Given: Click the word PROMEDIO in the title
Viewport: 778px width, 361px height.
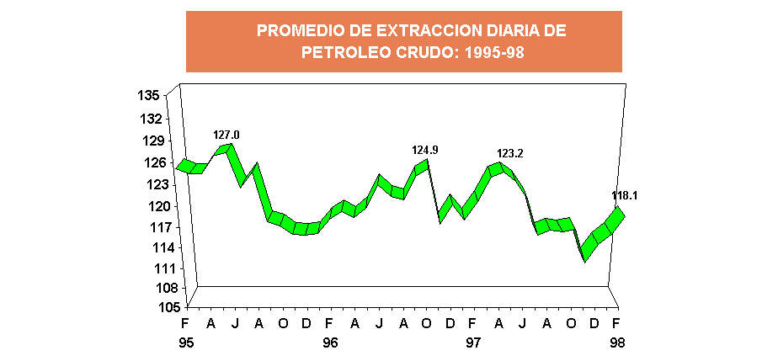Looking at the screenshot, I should point(293,31).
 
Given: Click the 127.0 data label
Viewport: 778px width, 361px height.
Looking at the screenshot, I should point(226,135).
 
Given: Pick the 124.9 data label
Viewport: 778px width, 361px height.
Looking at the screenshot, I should point(425,150).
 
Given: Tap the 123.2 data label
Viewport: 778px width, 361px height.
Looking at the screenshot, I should point(510,153).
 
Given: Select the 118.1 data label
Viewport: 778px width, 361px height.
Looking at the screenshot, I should point(624,195).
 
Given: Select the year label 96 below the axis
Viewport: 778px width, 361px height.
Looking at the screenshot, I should point(330,342).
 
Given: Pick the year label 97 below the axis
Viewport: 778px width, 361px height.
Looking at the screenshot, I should point(473,342).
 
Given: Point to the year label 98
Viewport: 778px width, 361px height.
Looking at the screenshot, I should point(616,342).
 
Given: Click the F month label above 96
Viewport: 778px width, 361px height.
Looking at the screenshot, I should point(330,324).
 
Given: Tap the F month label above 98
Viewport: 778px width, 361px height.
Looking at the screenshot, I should point(616,324).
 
